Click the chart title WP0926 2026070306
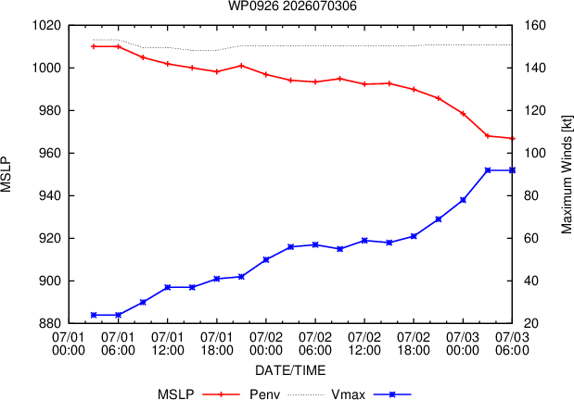tap(292, 6)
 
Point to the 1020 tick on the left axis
tap(47, 26)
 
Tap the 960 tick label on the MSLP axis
tap(50, 153)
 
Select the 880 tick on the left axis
tap(50, 323)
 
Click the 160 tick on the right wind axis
tap(535, 26)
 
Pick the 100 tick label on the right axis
tap(535, 153)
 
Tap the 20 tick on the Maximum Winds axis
tap(531, 323)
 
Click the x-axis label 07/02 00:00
tap(266, 344)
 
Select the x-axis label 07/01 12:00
tap(167, 344)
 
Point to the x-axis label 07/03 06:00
tap(512, 344)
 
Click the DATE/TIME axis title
tap(290, 370)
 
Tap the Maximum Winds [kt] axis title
tap(567, 174)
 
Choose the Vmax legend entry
tap(371, 394)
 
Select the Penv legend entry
tap(287, 394)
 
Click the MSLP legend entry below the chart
tap(198, 394)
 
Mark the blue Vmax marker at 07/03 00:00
tap(463, 200)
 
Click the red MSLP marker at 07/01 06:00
tap(119, 46)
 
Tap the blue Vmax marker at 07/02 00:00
tap(266, 259)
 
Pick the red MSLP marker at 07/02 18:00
tap(414, 89)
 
